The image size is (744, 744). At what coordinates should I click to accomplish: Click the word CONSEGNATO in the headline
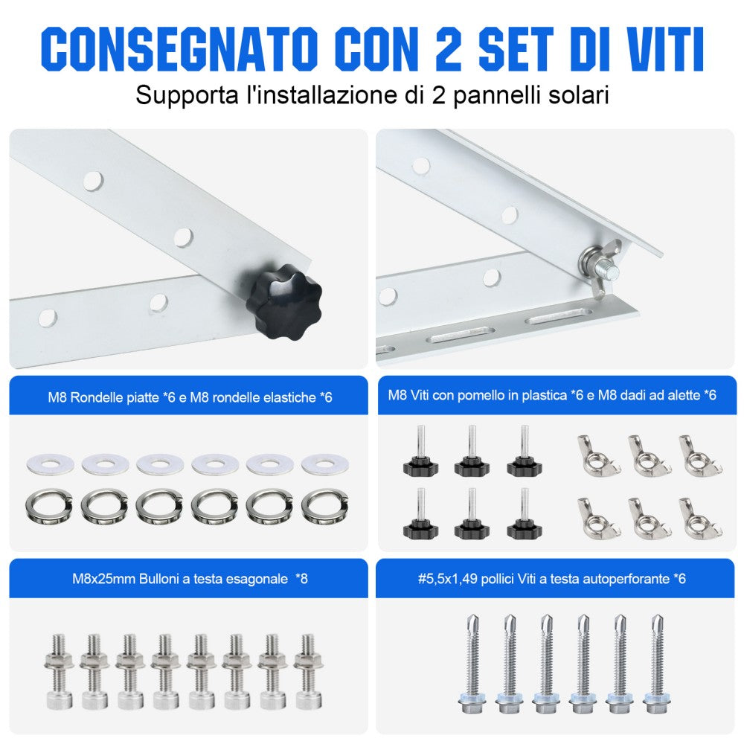tap(179, 49)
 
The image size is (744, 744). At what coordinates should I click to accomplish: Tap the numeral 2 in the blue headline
tap(447, 49)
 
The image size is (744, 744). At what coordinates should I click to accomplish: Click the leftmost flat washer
tap(50, 463)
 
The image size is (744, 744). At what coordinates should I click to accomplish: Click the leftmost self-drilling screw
tap(472, 664)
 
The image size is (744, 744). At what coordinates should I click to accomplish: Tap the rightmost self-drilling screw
tap(657, 664)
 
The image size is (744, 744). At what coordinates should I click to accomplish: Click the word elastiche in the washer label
tap(289, 397)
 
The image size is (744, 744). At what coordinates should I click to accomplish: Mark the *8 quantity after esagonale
tap(301, 578)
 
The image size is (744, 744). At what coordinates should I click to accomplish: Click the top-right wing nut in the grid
tap(699, 455)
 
